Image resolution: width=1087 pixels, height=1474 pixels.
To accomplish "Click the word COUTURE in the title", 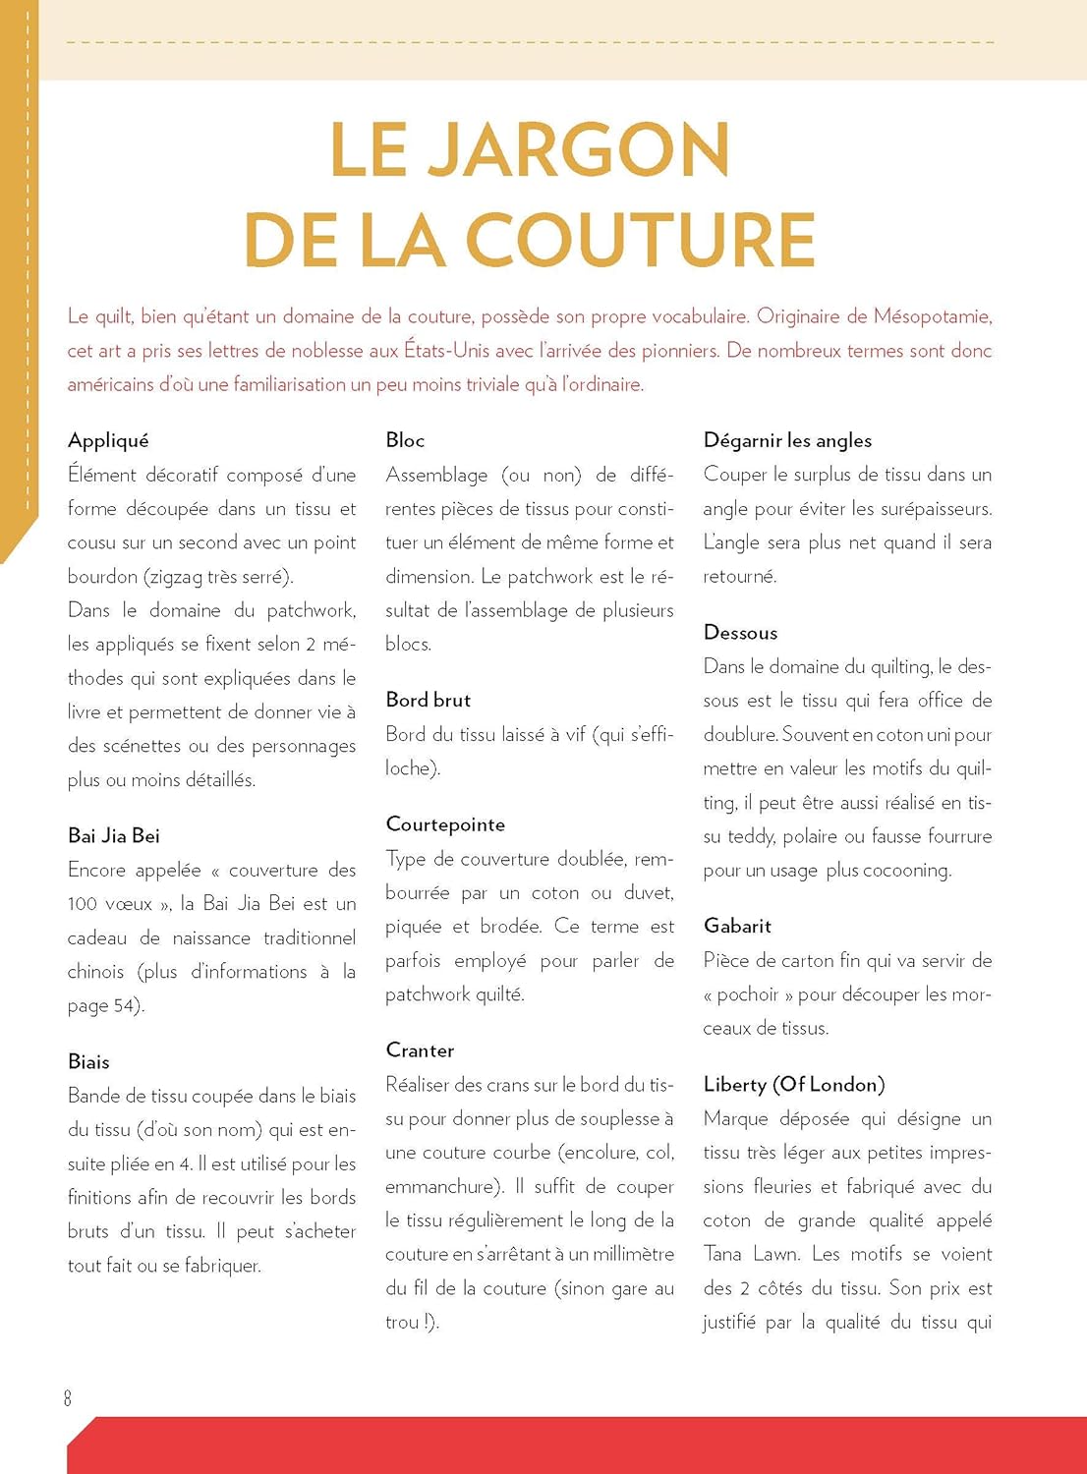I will pyautogui.click(x=640, y=239).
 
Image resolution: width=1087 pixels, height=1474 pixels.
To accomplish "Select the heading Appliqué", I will pyautogui.click(x=108, y=440).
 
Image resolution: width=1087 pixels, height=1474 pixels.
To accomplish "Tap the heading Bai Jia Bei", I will pyautogui.click(x=114, y=835).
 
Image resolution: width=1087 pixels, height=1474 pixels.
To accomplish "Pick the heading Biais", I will pyautogui.click(x=88, y=1061).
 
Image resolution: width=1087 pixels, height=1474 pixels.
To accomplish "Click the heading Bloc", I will pyautogui.click(x=405, y=440).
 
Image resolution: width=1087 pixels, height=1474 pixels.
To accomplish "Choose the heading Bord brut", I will pyautogui.click(x=429, y=700).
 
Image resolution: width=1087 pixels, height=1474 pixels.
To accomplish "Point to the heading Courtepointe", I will pyautogui.click(x=445, y=824).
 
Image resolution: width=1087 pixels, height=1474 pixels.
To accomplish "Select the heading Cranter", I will pyautogui.click(x=420, y=1050).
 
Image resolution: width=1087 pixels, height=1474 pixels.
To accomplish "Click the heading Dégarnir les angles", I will pyautogui.click(x=787, y=440).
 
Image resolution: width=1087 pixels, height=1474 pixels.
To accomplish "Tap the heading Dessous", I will pyautogui.click(x=740, y=633).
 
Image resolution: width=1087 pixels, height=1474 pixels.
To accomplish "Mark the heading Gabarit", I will pyautogui.click(x=737, y=926).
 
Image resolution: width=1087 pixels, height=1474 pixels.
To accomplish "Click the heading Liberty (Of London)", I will pyautogui.click(x=794, y=1084).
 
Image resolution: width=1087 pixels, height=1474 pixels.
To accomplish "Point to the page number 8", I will pyautogui.click(x=68, y=1397).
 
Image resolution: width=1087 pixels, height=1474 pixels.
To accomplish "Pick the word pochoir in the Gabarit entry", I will pyautogui.click(x=748, y=994).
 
